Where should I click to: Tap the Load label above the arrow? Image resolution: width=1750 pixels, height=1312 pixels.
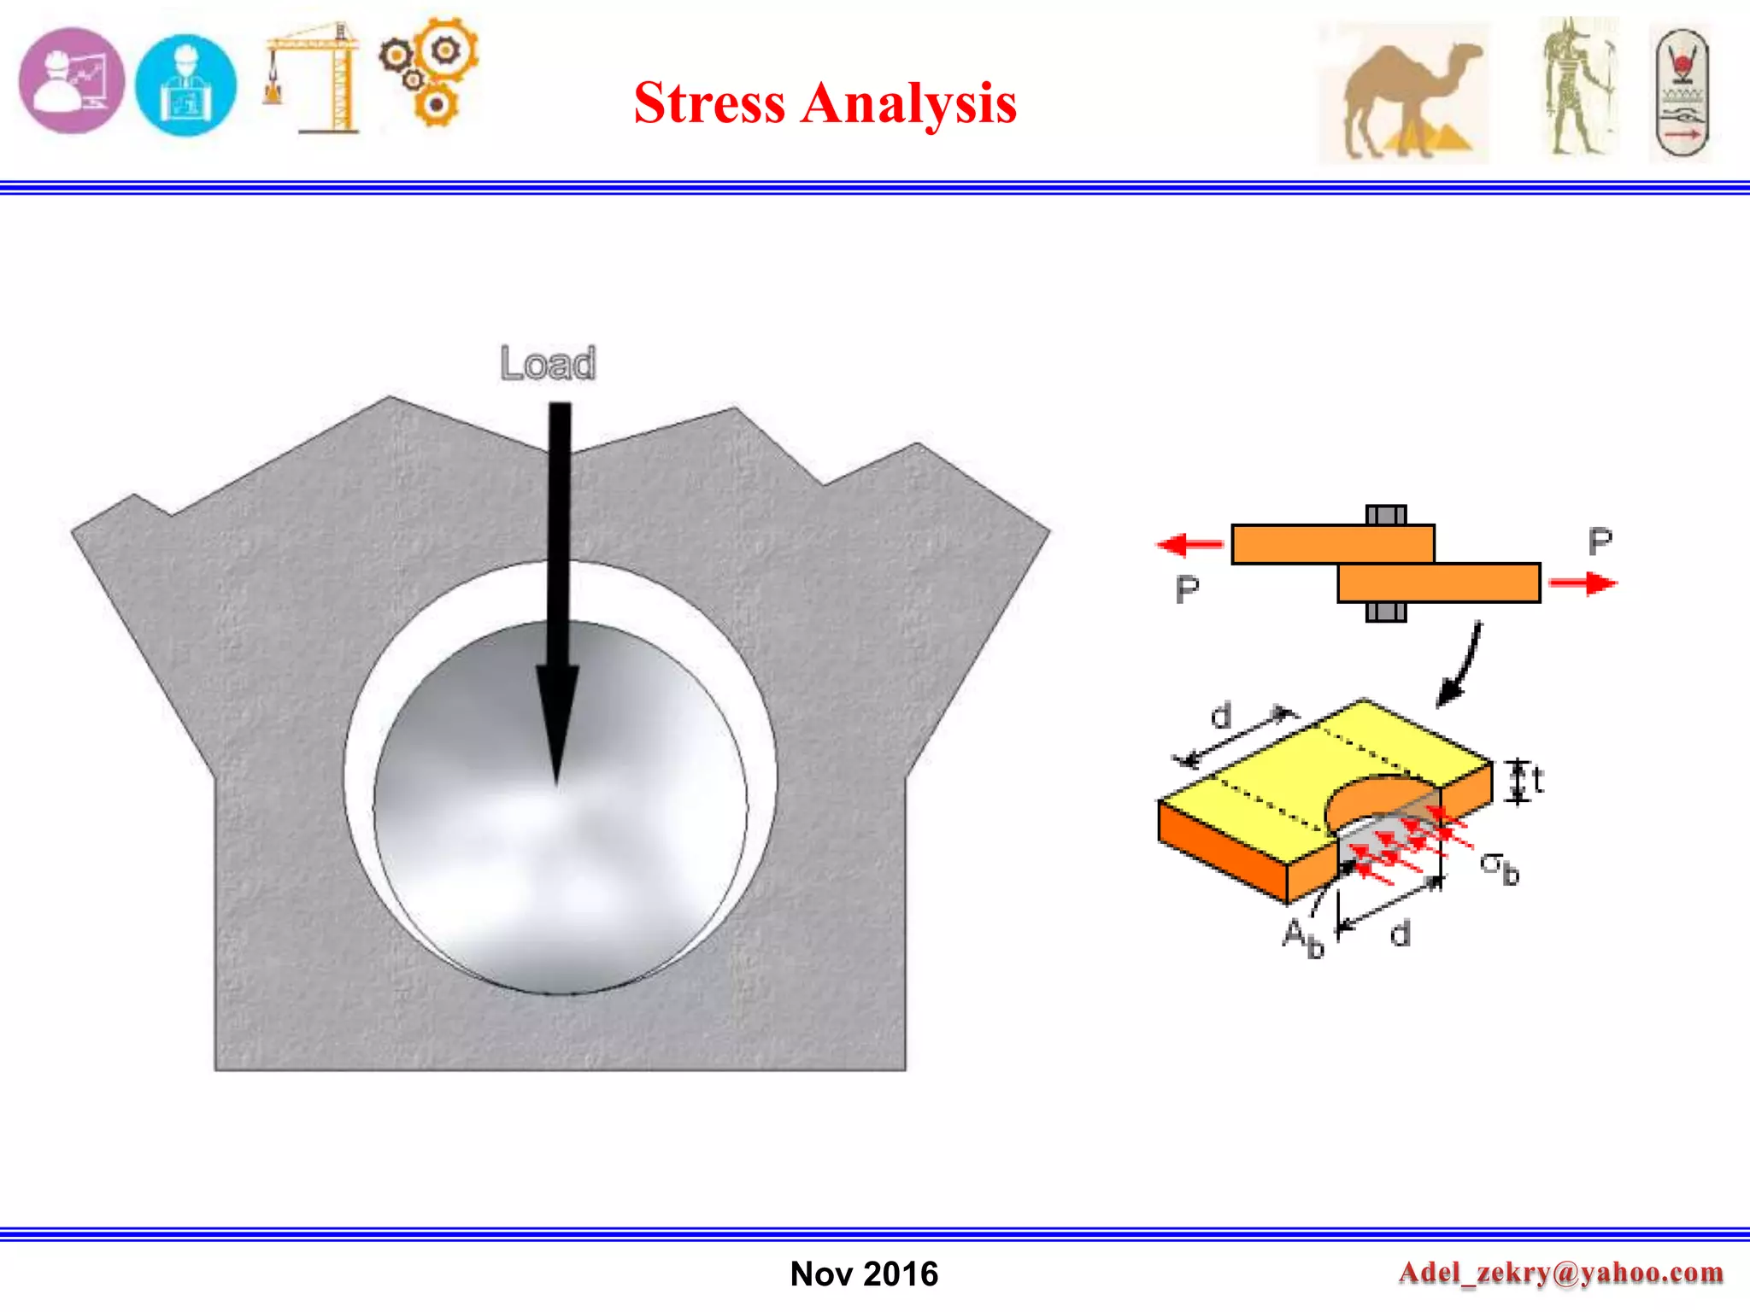click(548, 364)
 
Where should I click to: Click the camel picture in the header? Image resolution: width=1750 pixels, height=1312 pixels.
click(1405, 92)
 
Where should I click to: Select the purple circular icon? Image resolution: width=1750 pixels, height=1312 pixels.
click(72, 80)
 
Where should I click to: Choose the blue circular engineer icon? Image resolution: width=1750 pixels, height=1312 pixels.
click(185, 85)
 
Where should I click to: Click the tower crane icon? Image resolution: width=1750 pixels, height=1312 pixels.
click(314, 78)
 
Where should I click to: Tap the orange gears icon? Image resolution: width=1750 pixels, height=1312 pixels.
click(430, 70)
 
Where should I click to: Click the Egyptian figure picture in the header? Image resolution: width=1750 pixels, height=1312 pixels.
click(1578, 87)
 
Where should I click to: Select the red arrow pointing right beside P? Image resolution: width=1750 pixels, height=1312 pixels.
click(1583, 583)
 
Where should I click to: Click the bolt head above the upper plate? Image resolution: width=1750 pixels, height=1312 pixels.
click(1385, 514)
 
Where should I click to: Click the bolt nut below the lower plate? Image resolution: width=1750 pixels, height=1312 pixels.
click(1385, 612)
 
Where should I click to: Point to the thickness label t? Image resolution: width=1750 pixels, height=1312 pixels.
click(1537, 780)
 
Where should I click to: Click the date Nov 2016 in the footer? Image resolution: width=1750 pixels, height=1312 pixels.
click(864, 1274)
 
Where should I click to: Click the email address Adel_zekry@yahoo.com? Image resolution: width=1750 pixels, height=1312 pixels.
click(1560, 1272)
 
